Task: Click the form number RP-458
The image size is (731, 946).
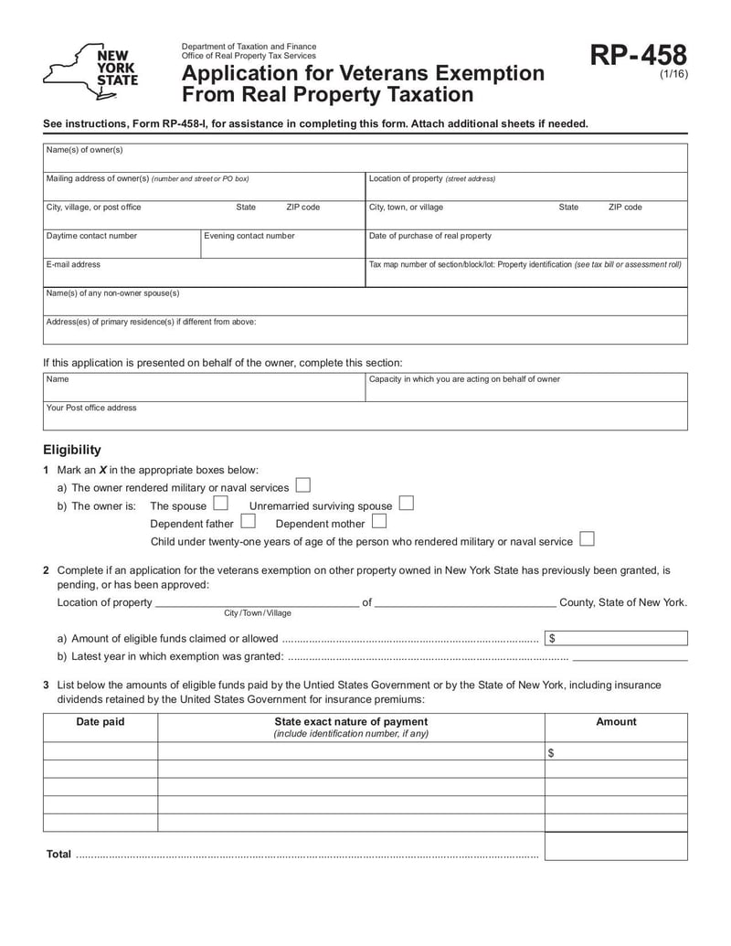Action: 637,57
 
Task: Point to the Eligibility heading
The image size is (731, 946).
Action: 72,450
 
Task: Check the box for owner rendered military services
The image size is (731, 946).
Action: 302,486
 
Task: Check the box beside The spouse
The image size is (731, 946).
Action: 220,505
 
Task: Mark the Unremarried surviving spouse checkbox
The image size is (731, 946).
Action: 406,505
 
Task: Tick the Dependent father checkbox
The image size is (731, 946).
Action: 248,522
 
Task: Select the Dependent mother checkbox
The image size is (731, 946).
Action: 378,522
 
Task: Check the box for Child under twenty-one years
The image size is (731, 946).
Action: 587,540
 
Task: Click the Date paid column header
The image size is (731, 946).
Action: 101,722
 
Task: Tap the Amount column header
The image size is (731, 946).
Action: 616,722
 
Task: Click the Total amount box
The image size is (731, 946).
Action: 616,846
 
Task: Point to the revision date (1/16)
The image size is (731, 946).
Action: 673,76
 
